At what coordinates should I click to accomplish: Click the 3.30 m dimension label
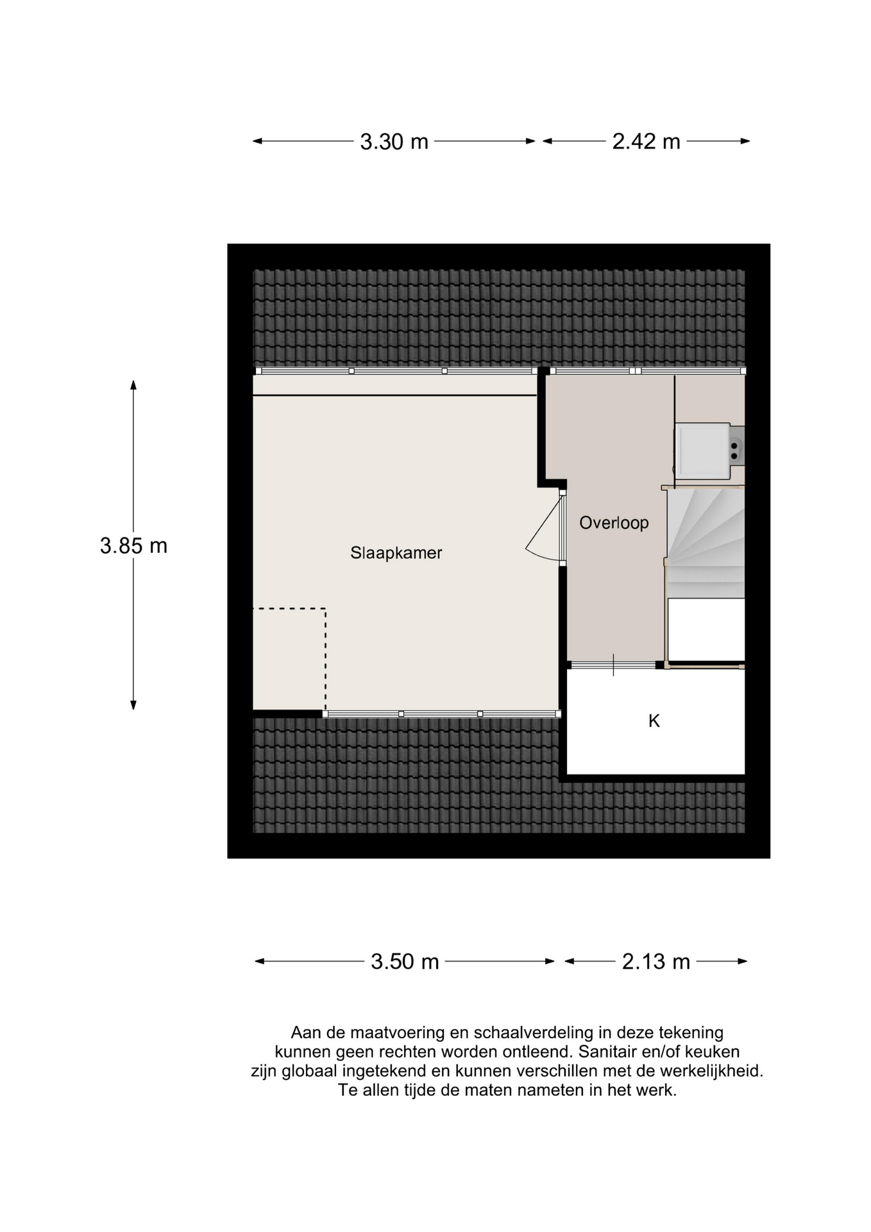coord(394,142)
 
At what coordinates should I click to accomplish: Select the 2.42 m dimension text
coord(646,142)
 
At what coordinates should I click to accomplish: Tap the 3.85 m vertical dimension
coord(133,546)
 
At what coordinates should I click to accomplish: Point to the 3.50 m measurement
coord(405,962)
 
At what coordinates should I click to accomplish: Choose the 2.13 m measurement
coord(655,962)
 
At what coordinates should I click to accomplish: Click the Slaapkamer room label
coord(396,553)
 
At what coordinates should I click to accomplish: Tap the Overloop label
coord(614,523)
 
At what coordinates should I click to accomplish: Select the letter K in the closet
coord(654,721)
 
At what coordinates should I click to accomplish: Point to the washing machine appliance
coord(704,451)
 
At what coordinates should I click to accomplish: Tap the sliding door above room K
coord(614,665)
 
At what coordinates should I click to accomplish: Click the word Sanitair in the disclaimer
coord(607,1052)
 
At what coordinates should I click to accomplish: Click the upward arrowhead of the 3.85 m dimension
coord(133,384)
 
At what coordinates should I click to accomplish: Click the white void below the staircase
coord(706,629)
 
